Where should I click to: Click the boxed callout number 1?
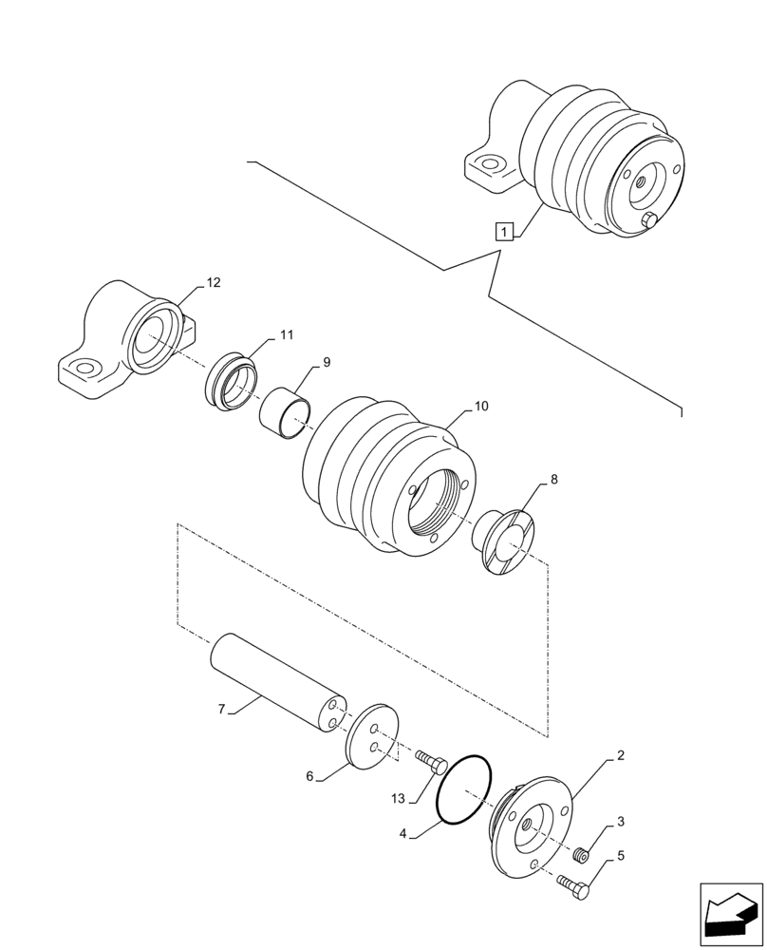click(504, 231)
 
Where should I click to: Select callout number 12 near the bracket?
click(213, 282)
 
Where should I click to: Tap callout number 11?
click(286, 335)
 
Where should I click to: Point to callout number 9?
click(326, 362)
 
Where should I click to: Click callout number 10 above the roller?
click(481, 406)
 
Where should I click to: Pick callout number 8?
click(553, 480)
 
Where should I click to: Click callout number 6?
click(309, 776)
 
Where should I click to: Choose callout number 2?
click(620, 756)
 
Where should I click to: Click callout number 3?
click(619, 821)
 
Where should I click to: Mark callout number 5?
click(620, 856)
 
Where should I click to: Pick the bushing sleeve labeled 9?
click(287, 412)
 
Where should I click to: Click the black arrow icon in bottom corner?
click(730, 915)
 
